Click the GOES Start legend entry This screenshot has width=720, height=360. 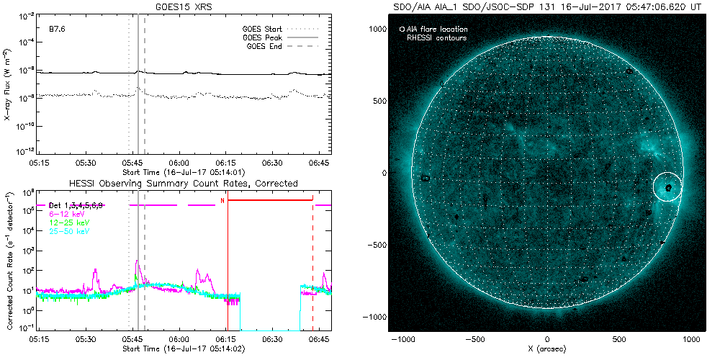click(264, 30)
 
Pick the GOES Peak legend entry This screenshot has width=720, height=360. click(264, 37)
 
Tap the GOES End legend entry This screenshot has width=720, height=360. click(266, 46)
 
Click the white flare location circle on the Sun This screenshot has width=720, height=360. click(668, 187)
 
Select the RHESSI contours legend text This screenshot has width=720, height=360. click(436, 37)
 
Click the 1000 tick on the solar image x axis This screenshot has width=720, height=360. click(693, 338)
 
